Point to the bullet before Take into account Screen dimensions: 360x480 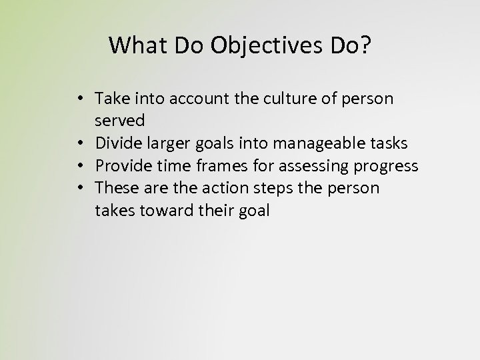(79, 99)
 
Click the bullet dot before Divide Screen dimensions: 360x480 (79, 143)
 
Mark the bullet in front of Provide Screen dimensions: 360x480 (79, 166)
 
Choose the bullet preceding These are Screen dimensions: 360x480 (79, 189)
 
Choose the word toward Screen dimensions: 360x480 (161, 211)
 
